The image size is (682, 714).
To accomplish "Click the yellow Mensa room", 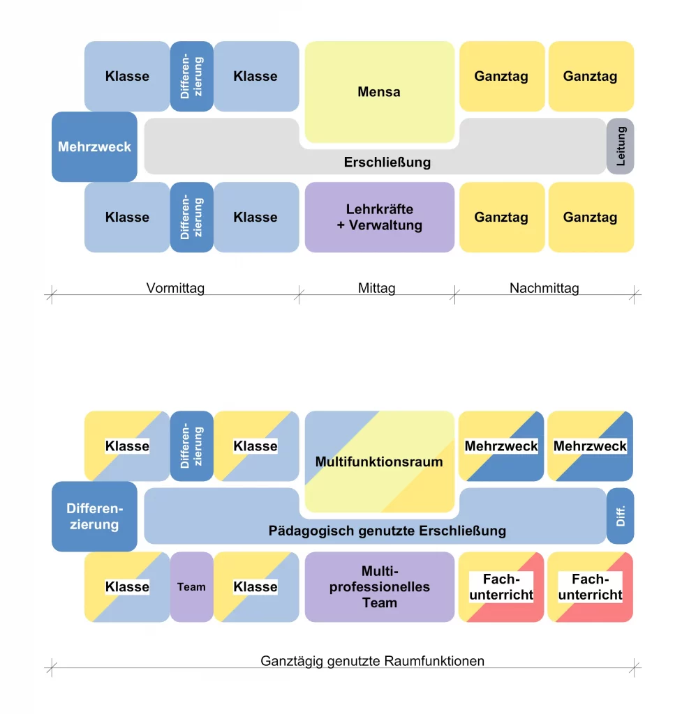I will (x=379, y=92).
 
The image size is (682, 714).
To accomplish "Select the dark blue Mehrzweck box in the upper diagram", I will (x=94, y=147).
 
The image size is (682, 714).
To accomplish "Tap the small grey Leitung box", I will (x=621, y=146).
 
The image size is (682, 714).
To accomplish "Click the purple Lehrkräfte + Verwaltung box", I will (x=379, y=218).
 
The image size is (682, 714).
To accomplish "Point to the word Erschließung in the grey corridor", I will (x=387, y=162).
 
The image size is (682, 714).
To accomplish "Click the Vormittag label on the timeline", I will (x=175, y=288).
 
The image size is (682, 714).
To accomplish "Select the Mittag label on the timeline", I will (x=376, y=288).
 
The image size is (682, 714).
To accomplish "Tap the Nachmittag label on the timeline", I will (x=544, y=288).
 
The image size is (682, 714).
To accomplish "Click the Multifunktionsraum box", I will (x=379, y=462).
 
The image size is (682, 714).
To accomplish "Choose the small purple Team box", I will (x=191, y=587).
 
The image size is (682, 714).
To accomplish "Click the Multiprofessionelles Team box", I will (x=379, y=587).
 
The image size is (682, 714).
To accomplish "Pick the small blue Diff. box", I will (x=621, y=516).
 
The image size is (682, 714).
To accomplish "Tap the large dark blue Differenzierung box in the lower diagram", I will (x=94, y=517).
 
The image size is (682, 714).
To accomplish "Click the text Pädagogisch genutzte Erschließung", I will (x=387, y=531).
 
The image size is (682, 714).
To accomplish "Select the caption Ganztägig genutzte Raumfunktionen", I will (x=372, y=661).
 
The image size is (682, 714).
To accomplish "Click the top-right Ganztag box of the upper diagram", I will (x=591, y=77).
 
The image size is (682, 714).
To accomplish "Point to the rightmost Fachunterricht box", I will (x=591, y=587).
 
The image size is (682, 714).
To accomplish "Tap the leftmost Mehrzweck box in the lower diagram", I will (x=501, y=446).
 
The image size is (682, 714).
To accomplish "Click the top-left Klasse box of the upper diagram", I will (x=127, y=77).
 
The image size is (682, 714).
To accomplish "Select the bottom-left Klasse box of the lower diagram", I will (x=127, y=587).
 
